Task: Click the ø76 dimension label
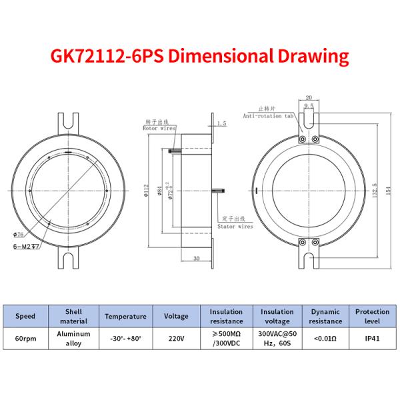(19, 234)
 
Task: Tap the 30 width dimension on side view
(196, 258)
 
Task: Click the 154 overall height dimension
(385, 184)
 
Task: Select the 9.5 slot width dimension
(309, 105)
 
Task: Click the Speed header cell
(25, 316)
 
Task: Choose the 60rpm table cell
(25, 338)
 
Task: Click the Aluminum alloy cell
(73, 338)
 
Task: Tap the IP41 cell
(373, 338)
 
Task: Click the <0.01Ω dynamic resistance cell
(325, 338)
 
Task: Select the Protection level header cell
(373, 316)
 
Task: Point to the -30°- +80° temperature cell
(125, 338)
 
